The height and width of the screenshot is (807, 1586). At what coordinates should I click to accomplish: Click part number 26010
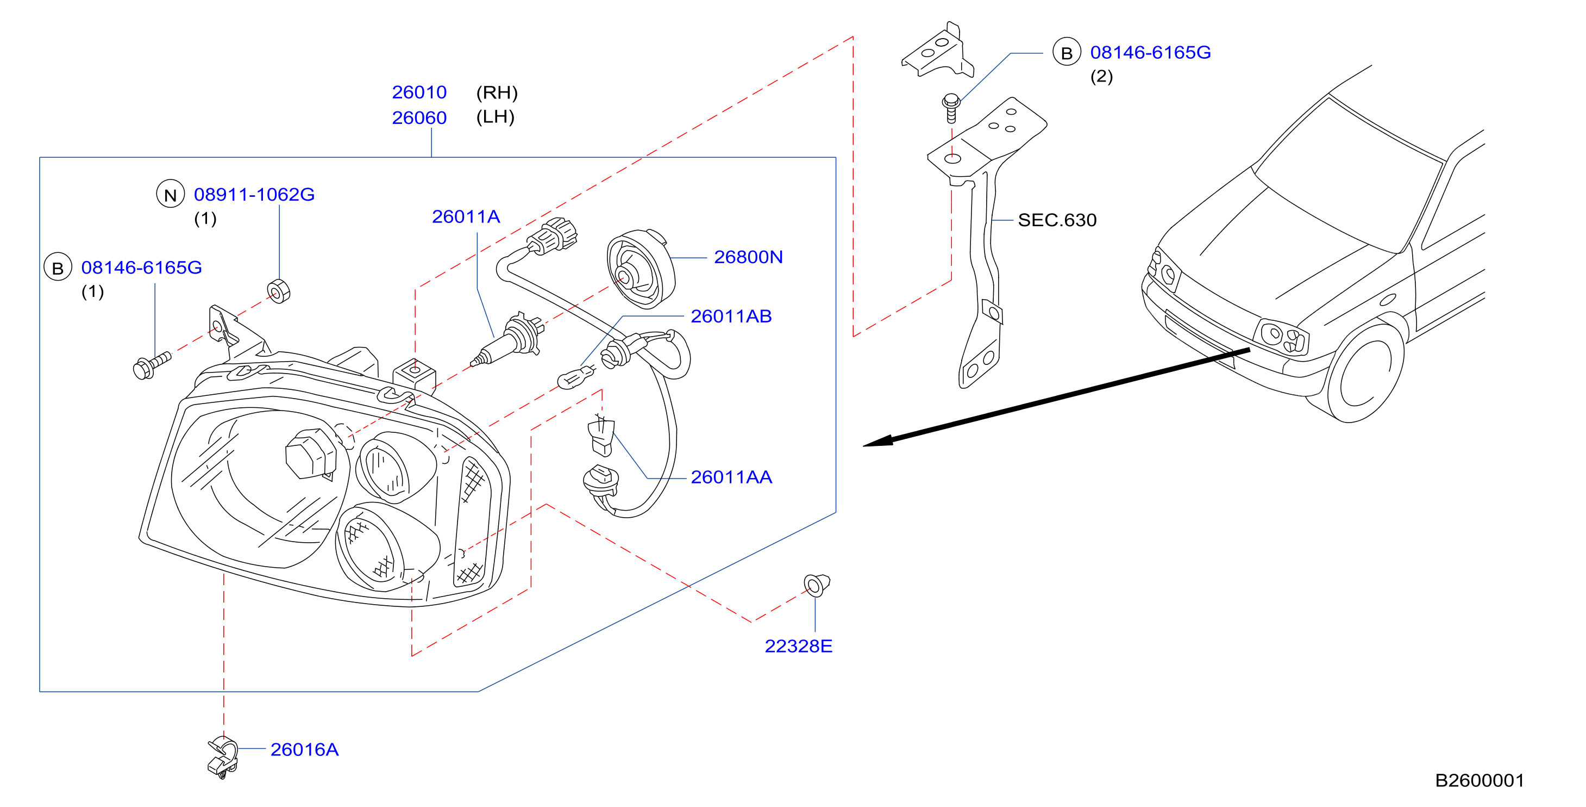click(x=419, y=92)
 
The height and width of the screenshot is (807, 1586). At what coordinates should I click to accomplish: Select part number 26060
click(x=419, y=117)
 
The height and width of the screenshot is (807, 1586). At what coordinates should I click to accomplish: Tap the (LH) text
click(x=496, y=117)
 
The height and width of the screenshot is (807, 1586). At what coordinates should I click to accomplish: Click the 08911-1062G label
click(x=254, y=195)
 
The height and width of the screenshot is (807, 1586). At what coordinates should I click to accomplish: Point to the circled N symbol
click(x=171, y=194)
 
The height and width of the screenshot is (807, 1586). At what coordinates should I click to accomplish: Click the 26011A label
click(x=466, y=217)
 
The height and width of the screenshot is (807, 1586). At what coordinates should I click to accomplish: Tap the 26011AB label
click(x=731, y=316)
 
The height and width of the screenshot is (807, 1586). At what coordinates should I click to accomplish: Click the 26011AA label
click(x=731, y=477)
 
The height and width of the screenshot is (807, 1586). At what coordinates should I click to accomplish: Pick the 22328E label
click(x=799, y=645)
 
